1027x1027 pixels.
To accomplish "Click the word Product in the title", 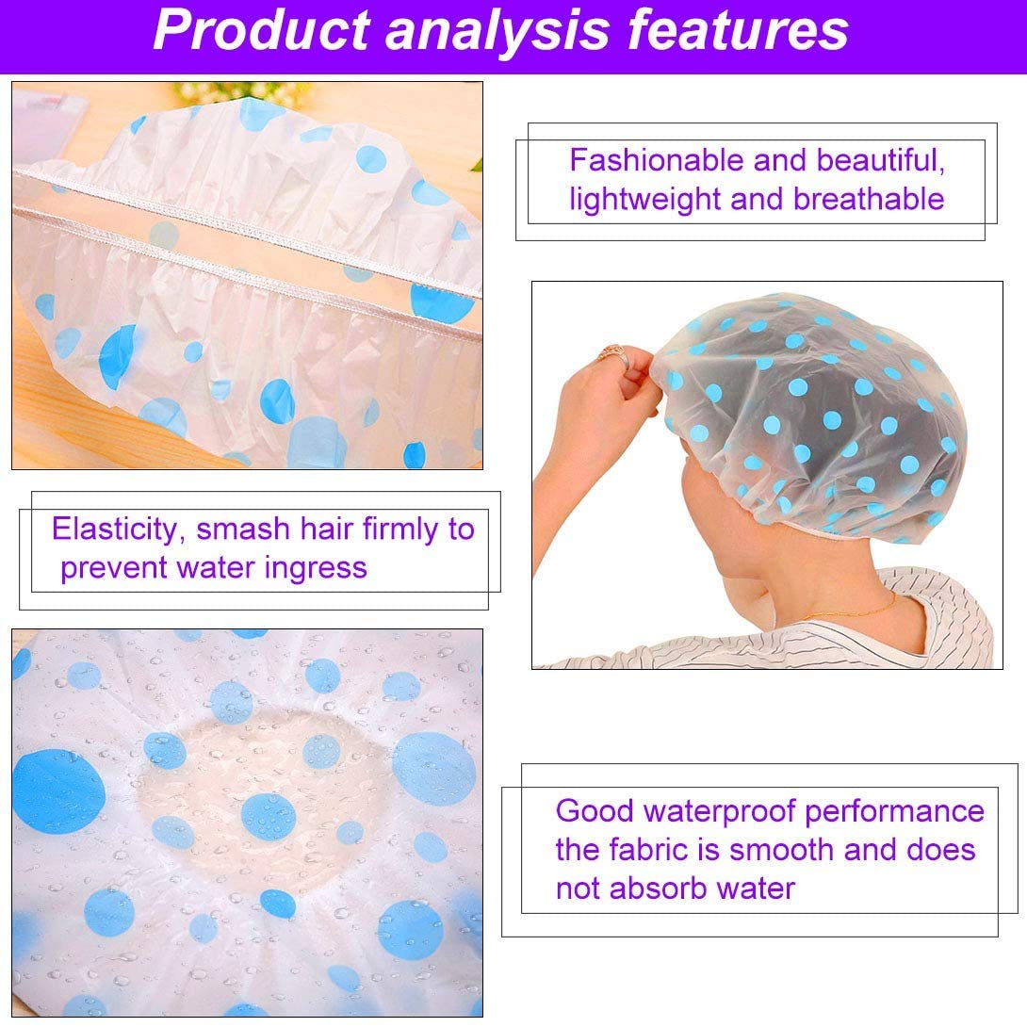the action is [262, 29].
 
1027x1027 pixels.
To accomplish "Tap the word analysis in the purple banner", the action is [498, 31].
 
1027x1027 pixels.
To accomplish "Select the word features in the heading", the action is [738, 29].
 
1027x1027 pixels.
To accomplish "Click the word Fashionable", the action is [657, 160].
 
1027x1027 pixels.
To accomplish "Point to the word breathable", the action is [869, 199].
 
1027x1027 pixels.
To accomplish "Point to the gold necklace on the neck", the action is [852, 609].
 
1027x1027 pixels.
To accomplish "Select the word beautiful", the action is [881, 161].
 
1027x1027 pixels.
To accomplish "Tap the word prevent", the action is [112, 568].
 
